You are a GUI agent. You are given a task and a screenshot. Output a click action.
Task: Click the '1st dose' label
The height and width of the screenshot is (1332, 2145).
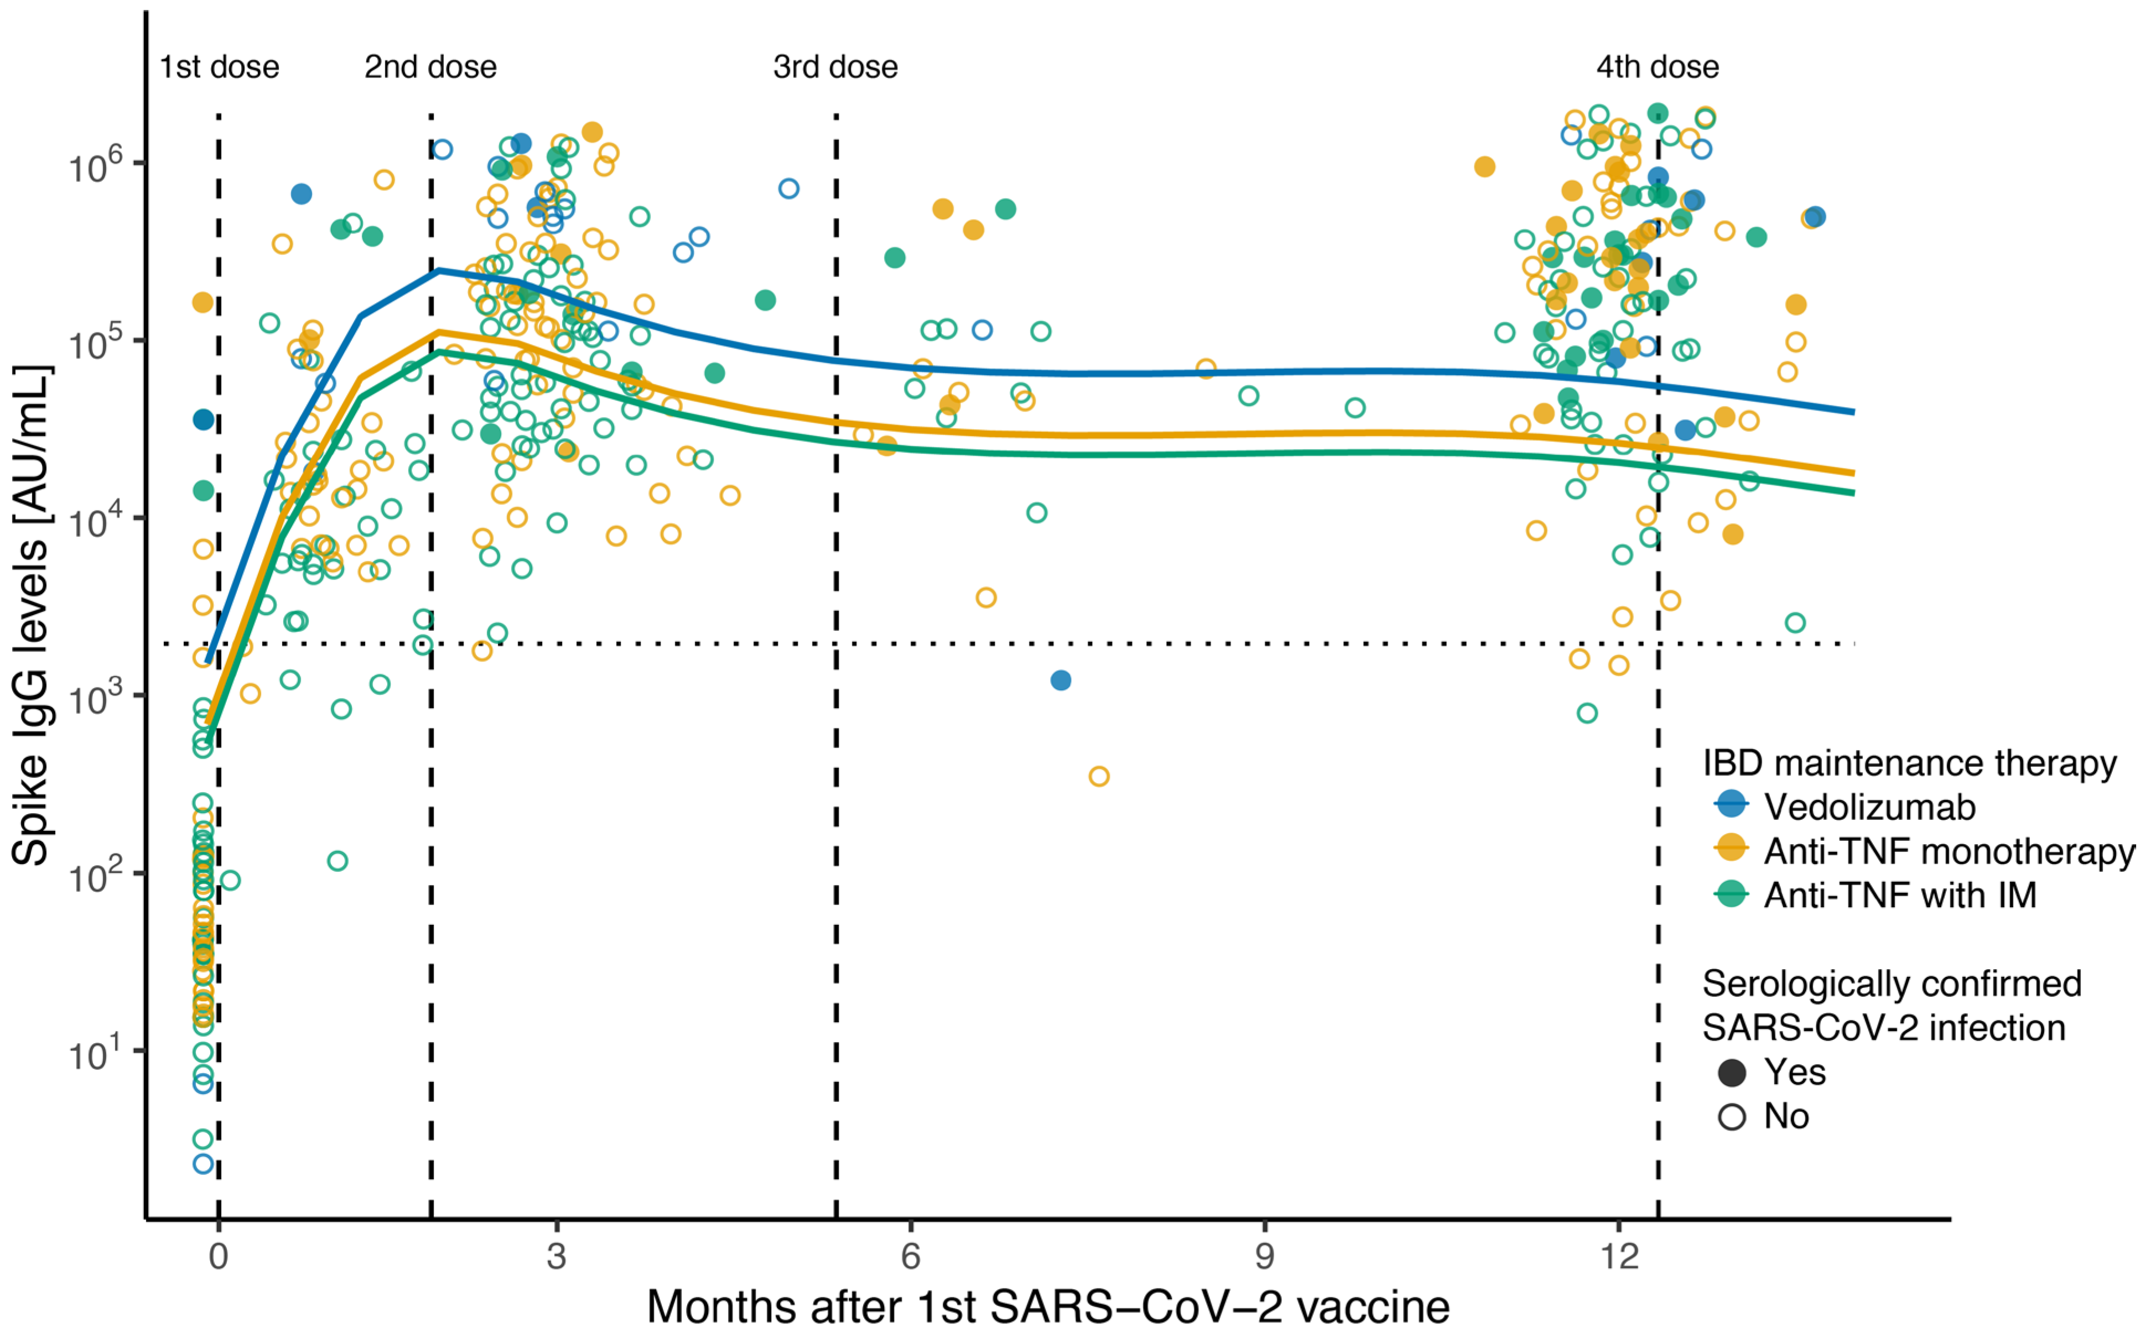coord(219,67)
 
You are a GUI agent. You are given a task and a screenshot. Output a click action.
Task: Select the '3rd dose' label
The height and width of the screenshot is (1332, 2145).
coord(835,67)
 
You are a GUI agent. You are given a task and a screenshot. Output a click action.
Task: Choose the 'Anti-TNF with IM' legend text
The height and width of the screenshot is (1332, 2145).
coord(1900,895)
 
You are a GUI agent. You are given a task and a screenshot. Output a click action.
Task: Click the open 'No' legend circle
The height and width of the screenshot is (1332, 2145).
coord(1732,1117)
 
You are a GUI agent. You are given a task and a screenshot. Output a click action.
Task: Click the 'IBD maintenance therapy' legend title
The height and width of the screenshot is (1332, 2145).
coord(1909,763)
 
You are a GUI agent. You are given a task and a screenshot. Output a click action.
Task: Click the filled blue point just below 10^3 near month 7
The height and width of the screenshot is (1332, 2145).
coord(1061,680)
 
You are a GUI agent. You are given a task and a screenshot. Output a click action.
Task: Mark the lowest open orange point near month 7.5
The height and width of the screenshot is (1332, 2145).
coord(1098,776)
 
